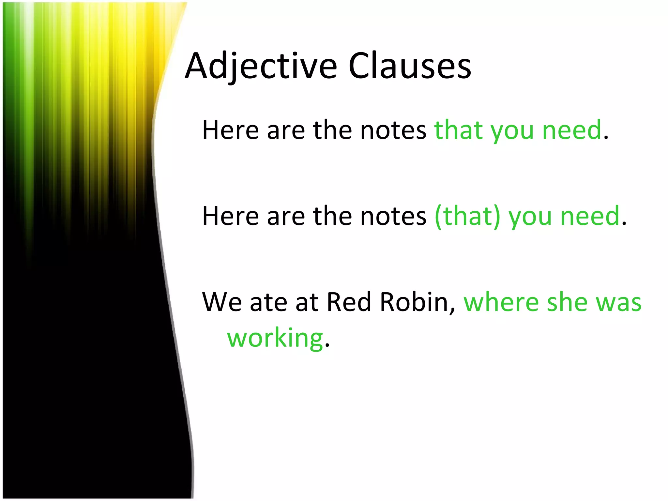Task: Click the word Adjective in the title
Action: [x=261, y=67]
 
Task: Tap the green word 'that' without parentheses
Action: [x=458, y=130]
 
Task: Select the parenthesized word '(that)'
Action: [x=467, y=216]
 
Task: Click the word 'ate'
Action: [x=268, y=302]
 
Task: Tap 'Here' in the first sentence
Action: [x=230, y=130]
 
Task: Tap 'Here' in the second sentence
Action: [x=230, y=216]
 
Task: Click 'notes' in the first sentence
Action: [x=393, y=130]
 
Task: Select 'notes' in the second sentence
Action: [x=393, y=216]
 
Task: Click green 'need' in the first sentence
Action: [x=571, y=130]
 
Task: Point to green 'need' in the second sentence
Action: [x=590, y=216]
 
